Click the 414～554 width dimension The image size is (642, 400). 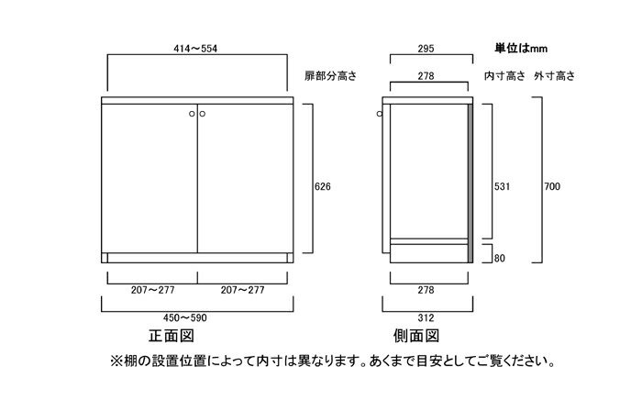pos(195,49)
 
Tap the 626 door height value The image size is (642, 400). pos(323,186)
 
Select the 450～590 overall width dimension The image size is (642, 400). pos(185,317)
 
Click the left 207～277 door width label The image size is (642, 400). pos(153,290)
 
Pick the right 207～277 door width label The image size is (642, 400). pos(242,290)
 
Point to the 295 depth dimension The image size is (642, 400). pos(426,49)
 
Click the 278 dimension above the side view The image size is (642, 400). pos(426,76)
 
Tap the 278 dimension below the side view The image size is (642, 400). pos(426,290)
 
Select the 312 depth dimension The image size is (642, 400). pos(426,317)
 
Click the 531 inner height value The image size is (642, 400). pos(502,186)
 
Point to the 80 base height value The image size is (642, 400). pos(500,259)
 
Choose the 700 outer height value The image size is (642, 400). pos(552,186)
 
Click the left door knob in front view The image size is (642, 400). pos(192,114)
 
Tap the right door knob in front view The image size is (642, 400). pos(203,114)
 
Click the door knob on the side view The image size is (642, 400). pos(380,114)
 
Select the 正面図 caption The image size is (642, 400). pos(172,336)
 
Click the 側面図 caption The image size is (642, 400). pos(416,336)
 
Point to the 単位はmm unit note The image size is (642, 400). pos(521,49)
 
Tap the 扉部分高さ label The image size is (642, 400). pos(330,76)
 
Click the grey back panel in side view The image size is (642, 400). pos(470,183)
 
